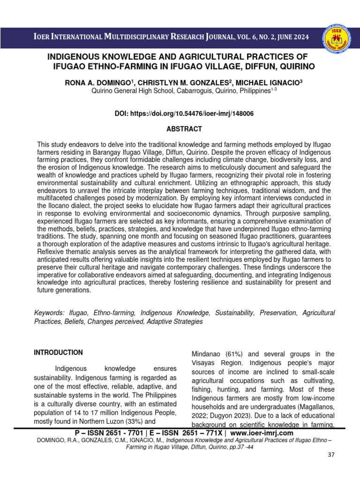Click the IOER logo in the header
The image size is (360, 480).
pyautogui.click(x=336, y=37)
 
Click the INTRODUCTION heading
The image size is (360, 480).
pyautogui.click(x=58, y=352)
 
